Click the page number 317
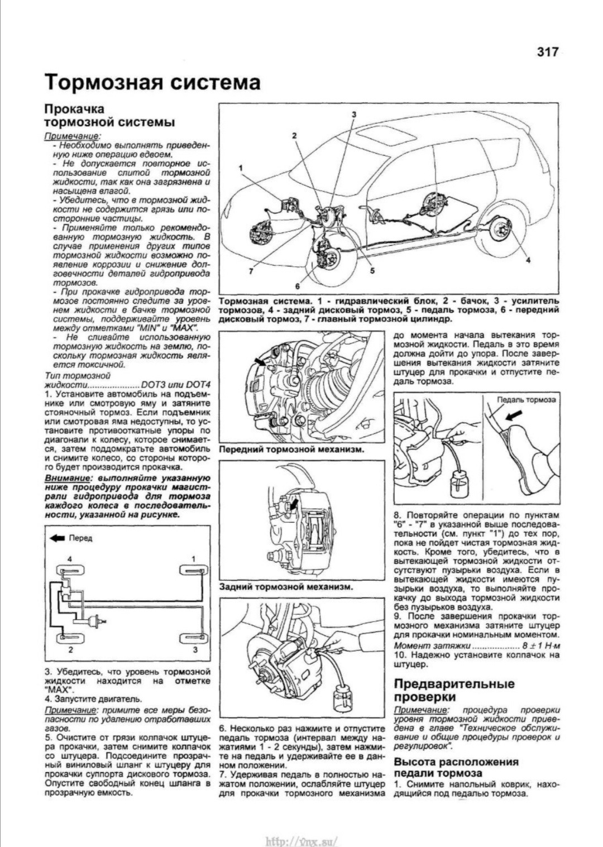pyautogui.click(x=547, y=52)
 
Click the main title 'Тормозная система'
pyautogui.click(x=152, y=82)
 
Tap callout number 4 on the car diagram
pyautogui.click(x=528, y=260)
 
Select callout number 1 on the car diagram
pyautogui.click(x=241, y=168)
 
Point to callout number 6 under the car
pyautogui.click(x=297, y=285)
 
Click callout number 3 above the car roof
pyautogui.click(x=353, y=114)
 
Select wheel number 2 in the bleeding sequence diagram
pyautogui.click(x=71, y=637)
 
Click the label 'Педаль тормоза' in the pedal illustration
pyautogui.click(x=527, y=400)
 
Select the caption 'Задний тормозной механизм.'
pyautogui.click(x=285, y=587)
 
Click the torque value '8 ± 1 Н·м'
pyautogui.click(x=534, y=646)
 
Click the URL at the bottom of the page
pyautogui.click(x=302, y=840)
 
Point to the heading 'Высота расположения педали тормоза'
pyautogui.click(x=456, y=768)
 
